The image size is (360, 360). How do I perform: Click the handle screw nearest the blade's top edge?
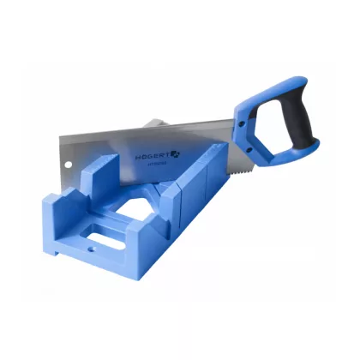(x=243, y=122)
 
